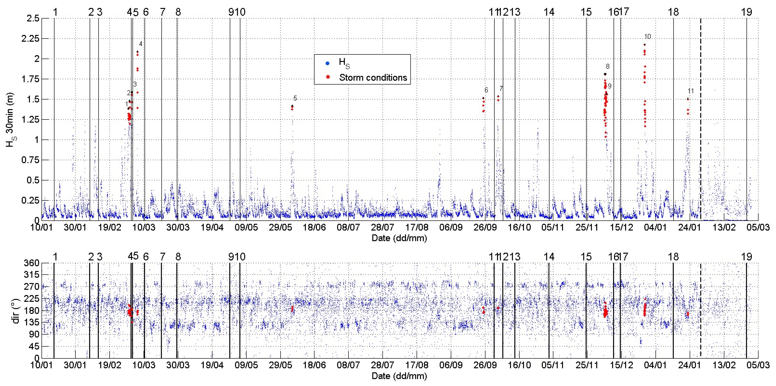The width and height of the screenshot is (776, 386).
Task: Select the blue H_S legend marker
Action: point(328,63)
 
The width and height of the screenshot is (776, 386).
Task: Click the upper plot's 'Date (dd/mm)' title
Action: point(399,238)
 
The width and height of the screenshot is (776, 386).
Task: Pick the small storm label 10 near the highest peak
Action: point(647,37)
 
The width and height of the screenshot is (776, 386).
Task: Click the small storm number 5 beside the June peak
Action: point(295,98)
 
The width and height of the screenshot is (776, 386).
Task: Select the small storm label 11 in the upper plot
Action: point(691,91)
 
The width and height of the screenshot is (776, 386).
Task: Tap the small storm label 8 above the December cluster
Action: point(608,67)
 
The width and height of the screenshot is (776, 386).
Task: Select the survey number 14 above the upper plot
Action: point(549,12)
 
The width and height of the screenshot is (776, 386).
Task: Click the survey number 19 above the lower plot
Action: point(746,257)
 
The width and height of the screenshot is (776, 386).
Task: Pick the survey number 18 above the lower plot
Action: point(673,257)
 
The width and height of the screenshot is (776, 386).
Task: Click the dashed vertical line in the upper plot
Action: point(700,120)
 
